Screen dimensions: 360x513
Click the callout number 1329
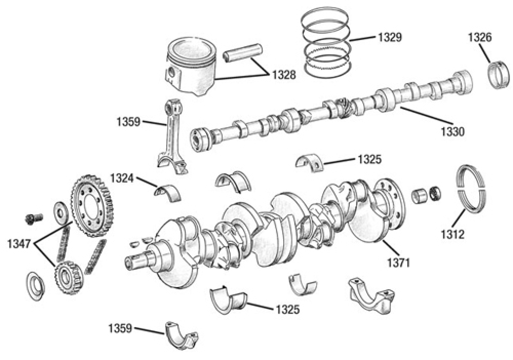pyautogui.click(x=389, y=37)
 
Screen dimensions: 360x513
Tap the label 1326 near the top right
pyautogui.click(x=480, y=37)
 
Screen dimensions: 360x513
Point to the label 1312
pyautogui.click(x=452, y=234)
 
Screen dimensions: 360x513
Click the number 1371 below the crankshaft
pyautogui.click(x=398, y=263)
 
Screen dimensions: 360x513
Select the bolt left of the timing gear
pyautogui.click(x=31, y=219)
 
